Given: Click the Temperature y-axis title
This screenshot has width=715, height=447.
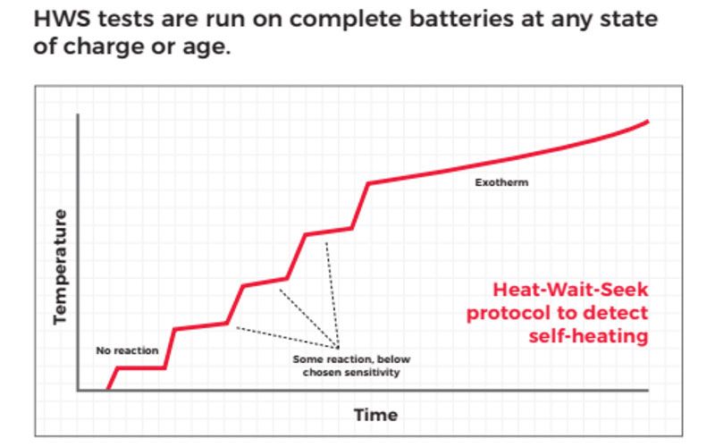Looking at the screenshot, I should pyautogui.click(x=60, y=266).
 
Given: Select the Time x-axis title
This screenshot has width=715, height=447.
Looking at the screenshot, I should pyautogui.click(x=375, y=415).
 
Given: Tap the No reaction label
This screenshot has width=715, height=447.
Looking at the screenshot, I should pyautogui.click(x=127, y=350).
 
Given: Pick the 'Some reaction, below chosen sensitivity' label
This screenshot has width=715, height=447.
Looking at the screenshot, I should pyautogui.click(x=350, y=366).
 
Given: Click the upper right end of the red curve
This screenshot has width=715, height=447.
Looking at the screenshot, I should pyautogui.click(x=647, y=121).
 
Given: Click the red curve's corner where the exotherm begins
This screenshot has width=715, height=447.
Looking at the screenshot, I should pyautogui.click(x=368, y=183).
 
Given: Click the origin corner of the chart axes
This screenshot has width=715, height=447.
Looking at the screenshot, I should pyautogui.click(x=79, y=391).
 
